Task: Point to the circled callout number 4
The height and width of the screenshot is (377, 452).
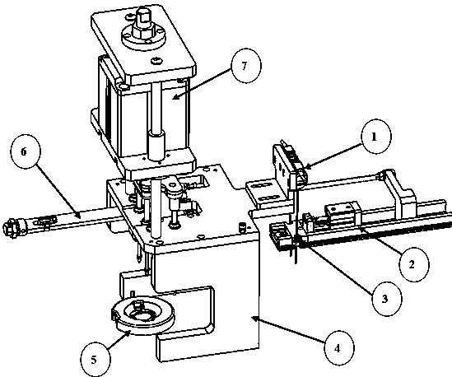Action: tap(338, 348)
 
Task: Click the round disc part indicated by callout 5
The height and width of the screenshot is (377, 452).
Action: tap(143, 314)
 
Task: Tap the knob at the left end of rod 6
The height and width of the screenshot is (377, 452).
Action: tap(10, 227)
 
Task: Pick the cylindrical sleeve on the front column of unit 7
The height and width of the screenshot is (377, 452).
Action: tap(156, 145)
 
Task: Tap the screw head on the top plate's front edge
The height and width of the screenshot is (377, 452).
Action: tap(157, 61)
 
